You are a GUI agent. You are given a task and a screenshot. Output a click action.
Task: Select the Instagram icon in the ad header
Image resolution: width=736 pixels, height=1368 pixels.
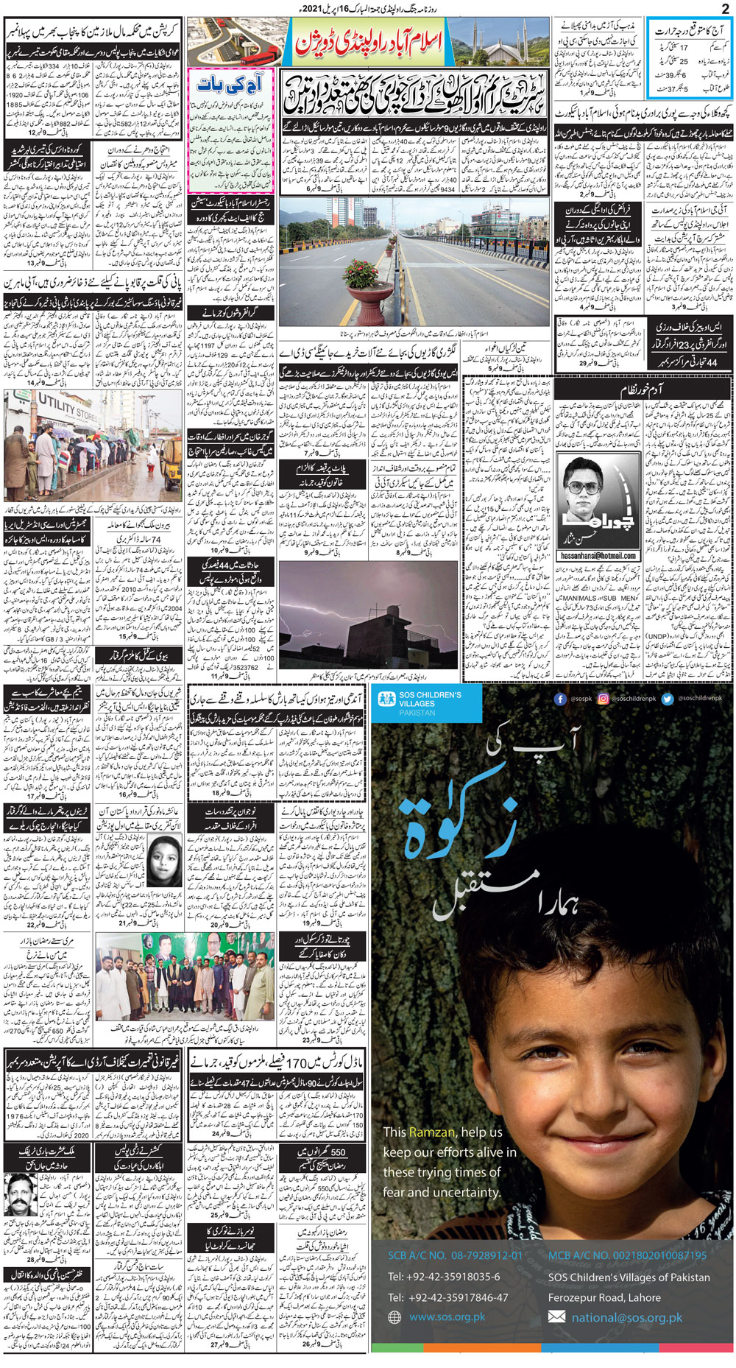[604, 698]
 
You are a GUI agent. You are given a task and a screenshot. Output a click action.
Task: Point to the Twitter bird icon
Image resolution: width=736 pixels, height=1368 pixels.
[667, 698]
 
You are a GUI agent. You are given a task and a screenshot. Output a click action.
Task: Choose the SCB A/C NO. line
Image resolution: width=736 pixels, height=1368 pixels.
[455, 1255]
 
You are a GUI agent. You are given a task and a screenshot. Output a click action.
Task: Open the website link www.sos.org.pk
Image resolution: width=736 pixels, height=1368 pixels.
[447, 1317]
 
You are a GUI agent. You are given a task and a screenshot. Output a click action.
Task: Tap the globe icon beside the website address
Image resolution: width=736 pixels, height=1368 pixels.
[394, 1317]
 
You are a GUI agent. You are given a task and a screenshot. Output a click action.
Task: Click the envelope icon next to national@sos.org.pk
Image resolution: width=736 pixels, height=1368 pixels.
[557, 1316]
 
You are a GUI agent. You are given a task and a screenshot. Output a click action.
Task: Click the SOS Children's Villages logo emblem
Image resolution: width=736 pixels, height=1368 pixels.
[386, 700]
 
